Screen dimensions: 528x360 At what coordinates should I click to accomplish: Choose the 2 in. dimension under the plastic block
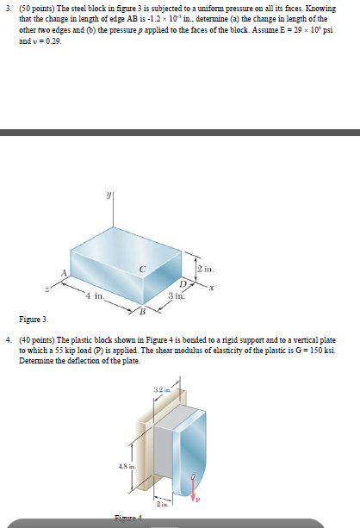tap(159, 505)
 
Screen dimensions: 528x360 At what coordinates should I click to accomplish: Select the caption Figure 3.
tap(34, 319)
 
